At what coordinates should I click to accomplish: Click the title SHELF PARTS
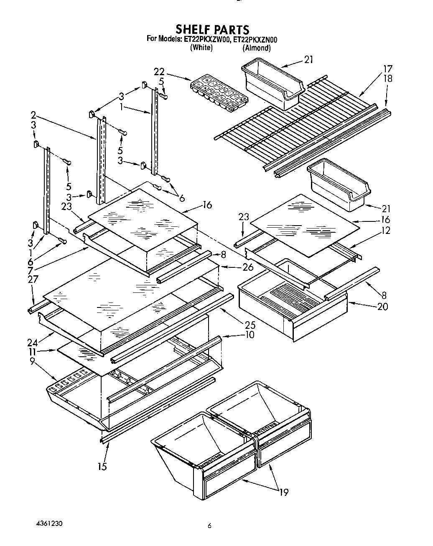click(x=212, y=29)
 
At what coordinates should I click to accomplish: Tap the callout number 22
click(x=159, y=71)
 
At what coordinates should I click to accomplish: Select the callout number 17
click(x=388, y=69)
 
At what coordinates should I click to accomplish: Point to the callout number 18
click(x=388, y=78)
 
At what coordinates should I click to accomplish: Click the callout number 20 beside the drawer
click(x=382, y=307)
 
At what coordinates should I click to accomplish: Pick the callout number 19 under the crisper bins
click(x=283, y=492)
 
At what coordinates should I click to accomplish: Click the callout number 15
click(x=102, y=466)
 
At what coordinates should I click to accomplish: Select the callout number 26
click(x=248, y=267)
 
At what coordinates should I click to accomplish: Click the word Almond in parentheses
click(x=257, y=48)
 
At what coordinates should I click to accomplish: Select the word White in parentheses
click(x=201, y=48)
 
